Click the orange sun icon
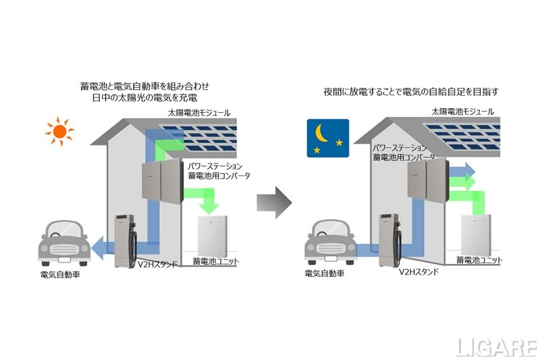[59, 131]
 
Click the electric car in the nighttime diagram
[331, 241]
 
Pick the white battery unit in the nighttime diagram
[481, 236]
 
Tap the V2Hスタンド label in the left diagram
[157, 264]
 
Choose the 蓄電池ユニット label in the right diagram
[479, 260]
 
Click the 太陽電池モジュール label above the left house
[199, 113]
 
